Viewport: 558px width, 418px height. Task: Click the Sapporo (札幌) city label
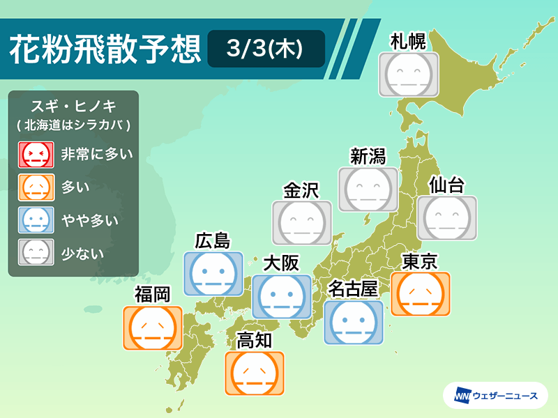[x=408, y=42]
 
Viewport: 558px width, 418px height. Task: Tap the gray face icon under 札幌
[x=409, y=75]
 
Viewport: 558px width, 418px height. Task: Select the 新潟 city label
[x=368, y=156]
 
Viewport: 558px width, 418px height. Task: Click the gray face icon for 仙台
[x=447, y=218]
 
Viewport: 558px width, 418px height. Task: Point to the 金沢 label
[x=301, y=190]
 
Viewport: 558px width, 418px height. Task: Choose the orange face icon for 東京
[x=421, y=294]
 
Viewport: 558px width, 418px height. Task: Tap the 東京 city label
[x=420, y=262]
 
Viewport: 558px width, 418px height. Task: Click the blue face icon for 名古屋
[x=354, y=323]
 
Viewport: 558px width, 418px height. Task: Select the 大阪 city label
[x=281, y=263]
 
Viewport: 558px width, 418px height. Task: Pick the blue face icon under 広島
[x=213, y=274]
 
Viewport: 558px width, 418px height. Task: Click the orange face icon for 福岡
[x=153, y=328]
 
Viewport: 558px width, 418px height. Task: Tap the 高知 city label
[x=254, y=340]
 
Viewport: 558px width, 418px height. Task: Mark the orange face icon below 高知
[x=255, y=373]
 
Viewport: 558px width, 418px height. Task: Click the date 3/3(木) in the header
[x=265, y=48]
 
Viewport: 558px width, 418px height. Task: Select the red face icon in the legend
[x=36, y=155]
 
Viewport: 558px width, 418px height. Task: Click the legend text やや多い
[x=90, y=220]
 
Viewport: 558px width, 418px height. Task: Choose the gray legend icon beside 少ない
[x=36, y=252]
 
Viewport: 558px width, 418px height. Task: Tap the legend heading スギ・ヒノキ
[x=74, y=106]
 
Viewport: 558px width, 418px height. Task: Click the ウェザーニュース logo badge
[x=496, y=395]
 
